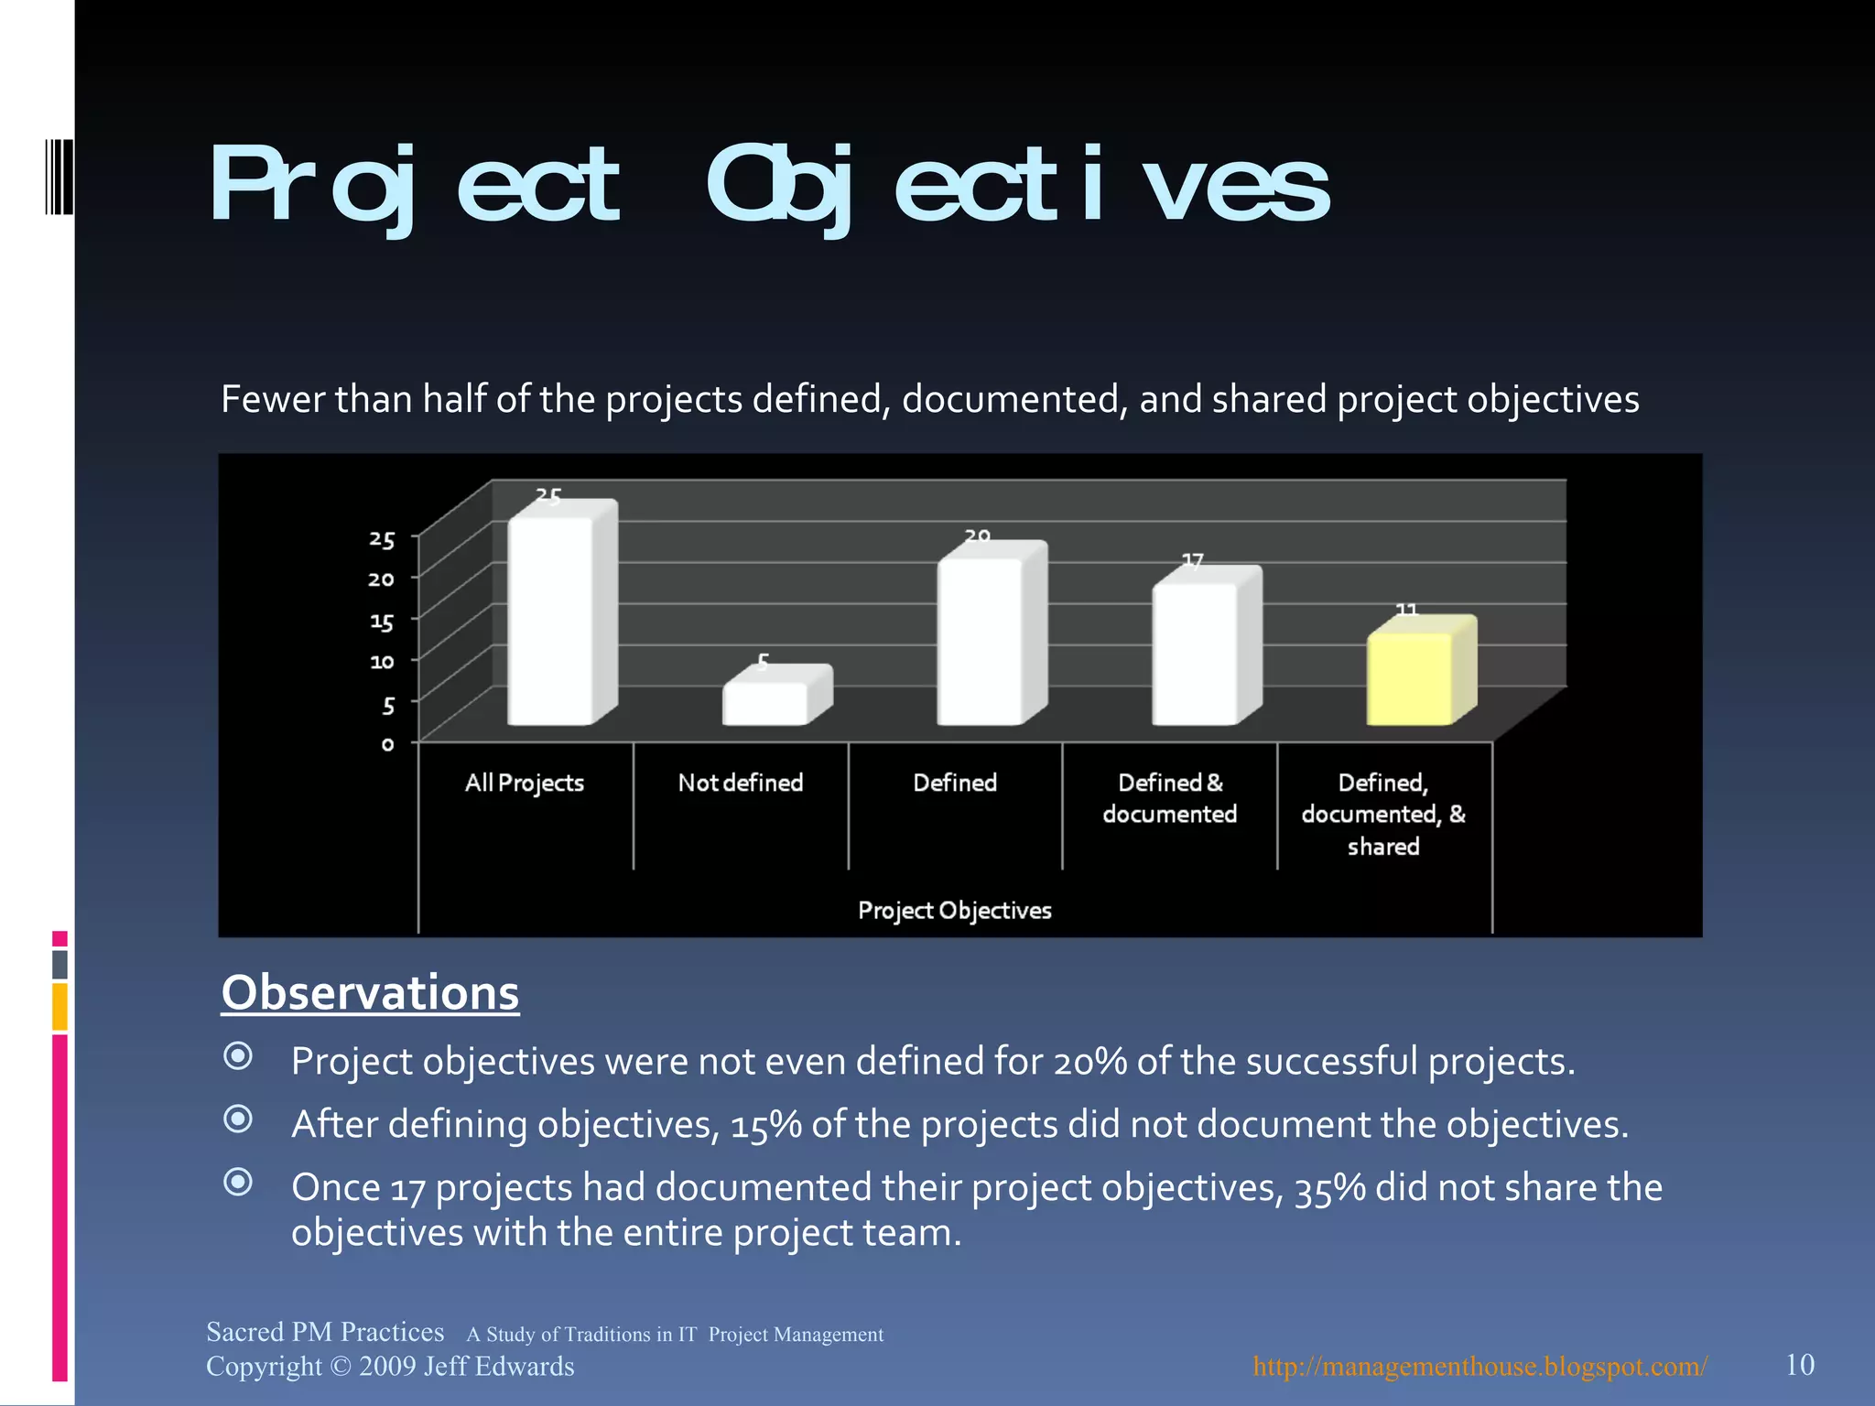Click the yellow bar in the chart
pos(1410,678)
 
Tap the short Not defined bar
pos(765,703)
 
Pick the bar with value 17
pos(1195,654)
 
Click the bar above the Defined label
pos(980,641)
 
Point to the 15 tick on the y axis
pos(382,622)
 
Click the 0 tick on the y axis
pos(388,744)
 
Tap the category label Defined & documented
pos(1169,798)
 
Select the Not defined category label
pos(740,783)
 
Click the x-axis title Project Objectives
pos(954,910)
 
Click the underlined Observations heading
pos(370,993)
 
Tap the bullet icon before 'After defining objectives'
pos(238,1119)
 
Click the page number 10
pos(1799,1365)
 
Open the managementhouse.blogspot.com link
pos(1479,1367)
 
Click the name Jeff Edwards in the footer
pos(499,1367)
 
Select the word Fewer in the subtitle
pos(272,400)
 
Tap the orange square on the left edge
pos(60,1006)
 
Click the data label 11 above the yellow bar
pos(1406,610)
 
